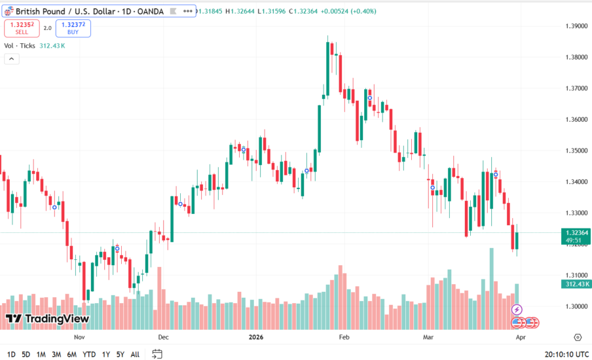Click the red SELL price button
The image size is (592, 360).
tap(22, 28)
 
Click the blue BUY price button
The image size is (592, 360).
tap(73, 28)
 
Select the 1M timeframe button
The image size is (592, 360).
tap(41, 354)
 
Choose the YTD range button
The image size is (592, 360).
tap(89, 354)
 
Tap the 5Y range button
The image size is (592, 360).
tap(120, 354)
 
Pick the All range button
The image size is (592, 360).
tap(135, 354)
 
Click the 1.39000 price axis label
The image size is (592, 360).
tap(576, 26)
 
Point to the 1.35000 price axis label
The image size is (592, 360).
tap(576, 151)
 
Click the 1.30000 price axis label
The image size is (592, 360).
tap(576, 306)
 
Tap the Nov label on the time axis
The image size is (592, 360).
tap(79, 338)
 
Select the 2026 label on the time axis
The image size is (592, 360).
tap(256, 338)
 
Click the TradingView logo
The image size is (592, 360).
tap(47, 319)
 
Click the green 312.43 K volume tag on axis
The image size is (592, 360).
tap(576, 283)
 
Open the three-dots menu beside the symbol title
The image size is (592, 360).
tap(188, 11)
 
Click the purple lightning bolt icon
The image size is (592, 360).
tap(517, 309)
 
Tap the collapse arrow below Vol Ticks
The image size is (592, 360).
tap(12, 59)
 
